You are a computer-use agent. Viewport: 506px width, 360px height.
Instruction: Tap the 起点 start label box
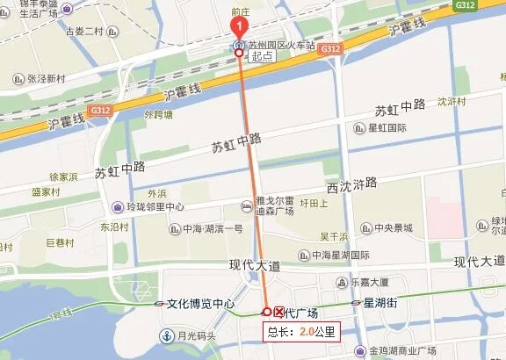262,55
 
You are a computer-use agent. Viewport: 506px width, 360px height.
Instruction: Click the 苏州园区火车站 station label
280,44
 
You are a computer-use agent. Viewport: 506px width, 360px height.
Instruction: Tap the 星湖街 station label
380,304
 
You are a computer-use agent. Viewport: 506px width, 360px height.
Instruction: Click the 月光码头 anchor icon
165,335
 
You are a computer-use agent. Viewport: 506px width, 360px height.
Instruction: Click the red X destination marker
280,312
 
